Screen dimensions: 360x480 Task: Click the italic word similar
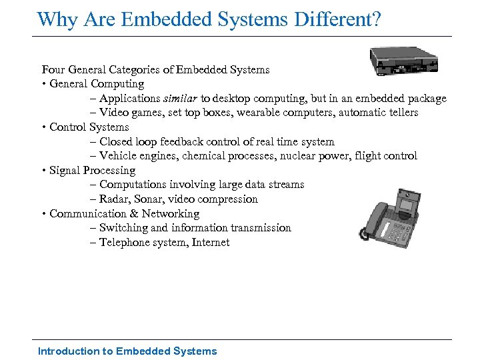tap(183, 98)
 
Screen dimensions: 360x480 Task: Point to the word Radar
tap(115, 199)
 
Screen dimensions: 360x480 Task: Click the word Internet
tap(210, 242)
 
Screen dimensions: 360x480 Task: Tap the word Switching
tap(123, 227)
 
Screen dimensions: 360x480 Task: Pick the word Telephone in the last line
tap(125, 242)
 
